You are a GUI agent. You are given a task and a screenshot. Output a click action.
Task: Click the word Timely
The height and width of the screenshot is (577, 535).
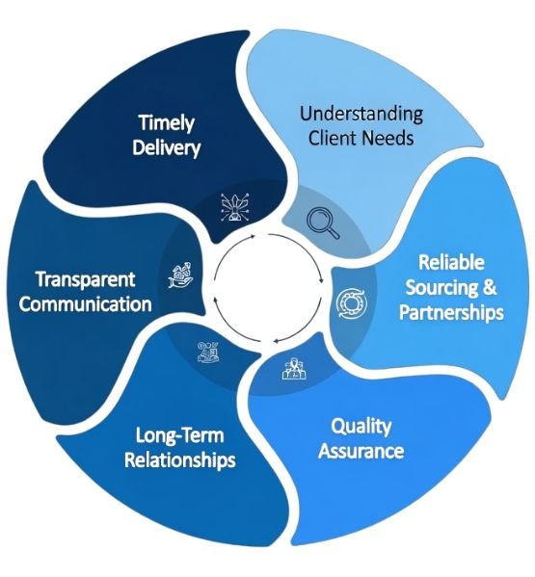(x=167, y=123)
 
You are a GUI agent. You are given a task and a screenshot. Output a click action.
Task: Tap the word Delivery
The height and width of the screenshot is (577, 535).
(x=166, y=147)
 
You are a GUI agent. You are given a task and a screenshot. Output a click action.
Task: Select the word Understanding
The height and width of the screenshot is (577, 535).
(x=361, y=114)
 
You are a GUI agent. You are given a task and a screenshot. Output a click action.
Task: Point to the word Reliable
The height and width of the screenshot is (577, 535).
(x=451, y=262)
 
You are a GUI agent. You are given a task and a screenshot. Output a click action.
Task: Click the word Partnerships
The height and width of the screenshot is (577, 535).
(x=451, y=312)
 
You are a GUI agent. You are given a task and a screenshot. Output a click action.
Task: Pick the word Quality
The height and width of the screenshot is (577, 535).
(x=361, y=427)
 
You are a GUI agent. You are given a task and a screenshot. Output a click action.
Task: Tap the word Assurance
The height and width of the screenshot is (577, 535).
(x=361, y=451)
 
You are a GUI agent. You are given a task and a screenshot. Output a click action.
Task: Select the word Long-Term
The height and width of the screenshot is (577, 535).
(x=179, y=435)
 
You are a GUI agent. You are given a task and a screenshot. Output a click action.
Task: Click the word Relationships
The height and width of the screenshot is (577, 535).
(x=179, y=460)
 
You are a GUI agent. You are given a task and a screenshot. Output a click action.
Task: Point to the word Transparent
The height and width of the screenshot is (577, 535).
(x=86, y=279)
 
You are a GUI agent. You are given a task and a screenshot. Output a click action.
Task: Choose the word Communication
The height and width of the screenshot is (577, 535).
(x=86, y=304)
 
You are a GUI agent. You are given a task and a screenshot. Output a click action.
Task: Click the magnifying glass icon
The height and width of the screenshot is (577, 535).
(x=323, y=223)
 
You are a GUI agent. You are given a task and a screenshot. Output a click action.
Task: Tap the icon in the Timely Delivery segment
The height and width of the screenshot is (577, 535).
(x=235, y=207)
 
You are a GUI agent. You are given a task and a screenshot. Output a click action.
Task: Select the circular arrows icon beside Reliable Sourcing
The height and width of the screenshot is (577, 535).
(x=352, y=303)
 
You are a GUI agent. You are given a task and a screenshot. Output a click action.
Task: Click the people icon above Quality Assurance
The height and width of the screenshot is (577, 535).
(x=294, y=368)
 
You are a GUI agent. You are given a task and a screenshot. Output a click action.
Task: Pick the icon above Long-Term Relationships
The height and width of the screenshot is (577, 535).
(x=208, y=353)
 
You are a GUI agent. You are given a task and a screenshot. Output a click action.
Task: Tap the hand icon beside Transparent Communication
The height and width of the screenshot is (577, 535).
(x=180, y=275)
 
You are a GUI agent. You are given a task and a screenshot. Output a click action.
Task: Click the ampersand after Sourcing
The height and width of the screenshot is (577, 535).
(x=489, y=287)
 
